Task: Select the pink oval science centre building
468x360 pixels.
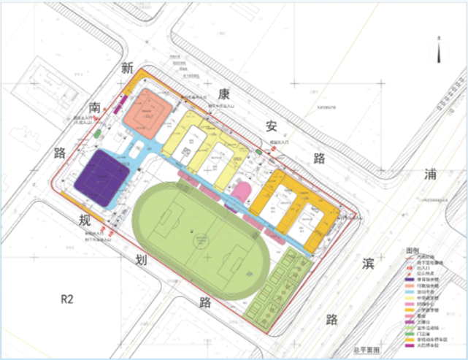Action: pos(241,191)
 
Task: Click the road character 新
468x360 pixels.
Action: pos(127,69)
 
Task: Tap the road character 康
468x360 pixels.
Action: pos(224,92)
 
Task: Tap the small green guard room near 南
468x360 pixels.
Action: pos(98,134)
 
